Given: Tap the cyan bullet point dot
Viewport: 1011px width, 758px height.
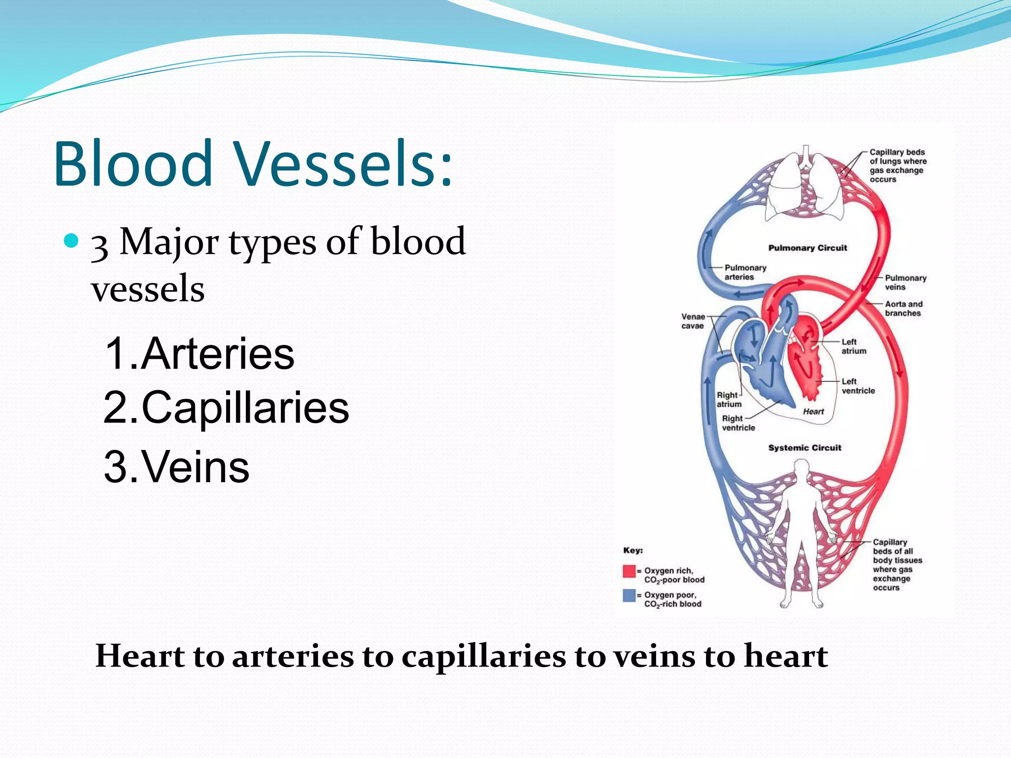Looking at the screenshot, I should [72, 241].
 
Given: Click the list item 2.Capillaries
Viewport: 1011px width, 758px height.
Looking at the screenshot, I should [226, 408].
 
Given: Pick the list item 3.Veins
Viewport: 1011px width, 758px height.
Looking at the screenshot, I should [176, 467].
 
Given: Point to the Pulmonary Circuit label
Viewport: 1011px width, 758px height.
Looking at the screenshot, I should [807, 248].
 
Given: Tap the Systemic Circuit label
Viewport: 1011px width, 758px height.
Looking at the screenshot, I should [805, 448].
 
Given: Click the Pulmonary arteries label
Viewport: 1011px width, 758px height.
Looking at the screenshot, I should [745, 272].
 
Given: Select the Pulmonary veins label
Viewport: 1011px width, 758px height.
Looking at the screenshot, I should [905, 282].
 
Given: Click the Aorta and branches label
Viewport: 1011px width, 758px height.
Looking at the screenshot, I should [903, 308].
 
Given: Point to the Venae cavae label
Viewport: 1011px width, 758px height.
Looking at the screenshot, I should [693, 321].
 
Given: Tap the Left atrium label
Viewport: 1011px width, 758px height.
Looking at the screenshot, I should [854, 346].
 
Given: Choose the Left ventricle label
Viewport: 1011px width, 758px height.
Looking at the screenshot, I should [857, 386].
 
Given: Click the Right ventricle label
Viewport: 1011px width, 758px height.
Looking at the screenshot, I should [738, 423].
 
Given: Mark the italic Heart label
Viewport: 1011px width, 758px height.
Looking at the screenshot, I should [813, 412].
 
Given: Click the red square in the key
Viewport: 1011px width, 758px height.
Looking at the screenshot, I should [629, 571].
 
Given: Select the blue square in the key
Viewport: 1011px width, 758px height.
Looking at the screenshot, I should [629, 595].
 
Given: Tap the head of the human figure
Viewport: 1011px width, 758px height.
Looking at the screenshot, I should [801, 468].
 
